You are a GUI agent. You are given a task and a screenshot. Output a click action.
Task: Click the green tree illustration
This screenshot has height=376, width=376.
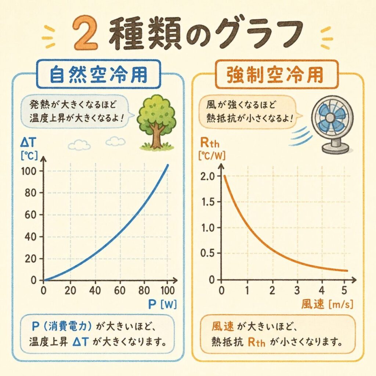(x=156, y=122)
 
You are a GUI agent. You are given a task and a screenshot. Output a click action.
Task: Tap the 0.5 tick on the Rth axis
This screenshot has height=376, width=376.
(x=210, y=253)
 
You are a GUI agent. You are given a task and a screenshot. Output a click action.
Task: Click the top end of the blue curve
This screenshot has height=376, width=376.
(x=168, y=164)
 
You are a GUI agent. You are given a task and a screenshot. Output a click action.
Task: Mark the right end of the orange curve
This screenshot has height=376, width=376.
(x=347, y=271)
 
